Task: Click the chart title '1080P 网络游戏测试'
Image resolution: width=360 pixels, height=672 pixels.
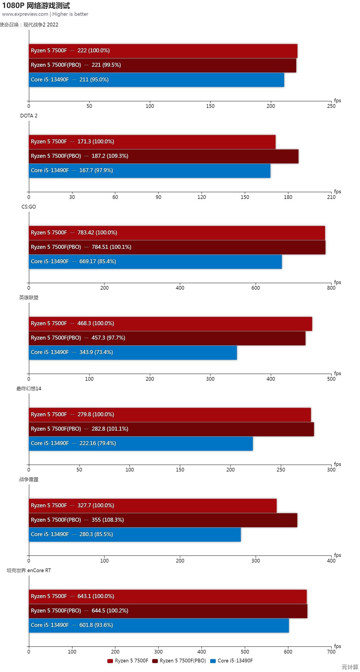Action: [x=36, y=6]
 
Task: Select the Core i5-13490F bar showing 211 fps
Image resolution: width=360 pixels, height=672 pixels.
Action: [x=156, y=80]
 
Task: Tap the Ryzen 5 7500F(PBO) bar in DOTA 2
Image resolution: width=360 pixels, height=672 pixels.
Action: [x=163, y=156]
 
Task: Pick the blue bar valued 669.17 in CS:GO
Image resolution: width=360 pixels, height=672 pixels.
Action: [x=155, y=262]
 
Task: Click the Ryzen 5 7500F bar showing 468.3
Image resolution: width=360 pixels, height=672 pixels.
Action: [x=170, y=324]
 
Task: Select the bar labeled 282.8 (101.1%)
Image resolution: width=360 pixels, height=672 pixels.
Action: [x=171, y=429]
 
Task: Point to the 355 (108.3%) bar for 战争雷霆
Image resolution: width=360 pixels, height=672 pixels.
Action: [x=163, y=520]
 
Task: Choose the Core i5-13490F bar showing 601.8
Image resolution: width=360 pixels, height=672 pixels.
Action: [x=159, y=625]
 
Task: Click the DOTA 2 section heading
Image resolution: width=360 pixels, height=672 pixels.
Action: [x=29, y=116]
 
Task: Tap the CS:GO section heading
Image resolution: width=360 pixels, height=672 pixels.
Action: [x=29, y=207]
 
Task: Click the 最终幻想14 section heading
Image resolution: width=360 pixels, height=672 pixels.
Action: [x=29, y=388]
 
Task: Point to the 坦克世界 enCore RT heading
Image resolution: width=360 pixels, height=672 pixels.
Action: [x=29, y=570]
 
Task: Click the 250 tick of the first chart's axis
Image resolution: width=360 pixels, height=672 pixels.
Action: [x=331, y=106]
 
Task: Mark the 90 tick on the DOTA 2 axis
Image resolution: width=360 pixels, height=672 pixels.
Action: [x=158, y=197]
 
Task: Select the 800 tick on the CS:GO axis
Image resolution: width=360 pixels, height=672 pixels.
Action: [x=331, y=288]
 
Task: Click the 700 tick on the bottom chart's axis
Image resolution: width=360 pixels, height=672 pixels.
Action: [x=331, y=652]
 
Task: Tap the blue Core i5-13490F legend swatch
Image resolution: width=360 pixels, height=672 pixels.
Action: [x=213, y=661]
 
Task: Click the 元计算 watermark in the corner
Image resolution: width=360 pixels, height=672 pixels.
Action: [x=350, y=667]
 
